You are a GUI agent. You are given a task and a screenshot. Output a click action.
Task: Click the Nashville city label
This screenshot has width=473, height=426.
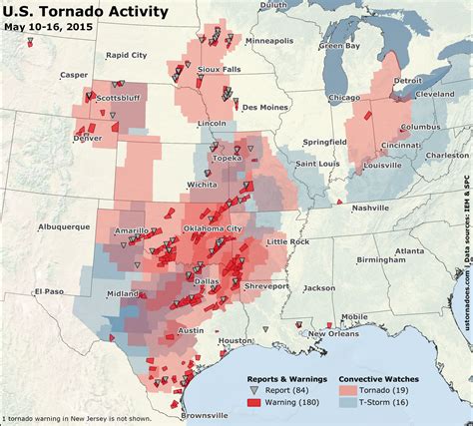pyautogui.click(x=371, y=207)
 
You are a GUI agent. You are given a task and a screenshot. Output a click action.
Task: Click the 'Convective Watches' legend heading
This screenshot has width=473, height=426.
pyautogui.click(x=378, y=379)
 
